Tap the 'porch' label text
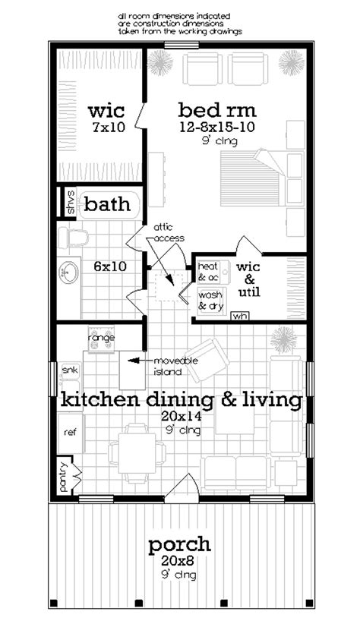pyautogui.click(x=179, y=544)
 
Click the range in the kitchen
pyautogui.click(x=99, y=339)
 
